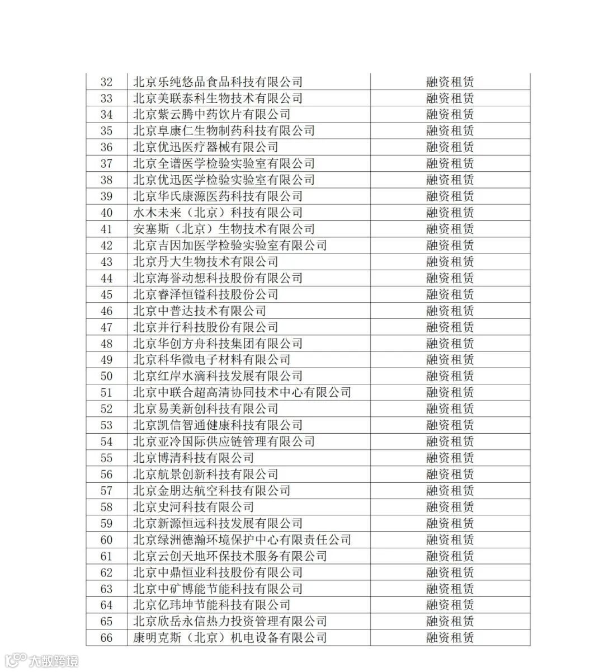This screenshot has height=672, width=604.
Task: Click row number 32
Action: (106, 82)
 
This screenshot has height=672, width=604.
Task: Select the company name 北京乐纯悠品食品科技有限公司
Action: (218, 82)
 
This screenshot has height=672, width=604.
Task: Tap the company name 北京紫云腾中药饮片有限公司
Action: (212, 115)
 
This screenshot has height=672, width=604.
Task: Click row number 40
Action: (106, 213)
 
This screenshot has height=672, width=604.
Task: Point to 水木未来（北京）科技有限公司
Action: (218, 213)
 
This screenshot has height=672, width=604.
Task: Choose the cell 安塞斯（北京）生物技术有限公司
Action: (224, 229)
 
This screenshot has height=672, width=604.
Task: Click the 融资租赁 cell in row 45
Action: (450, 295)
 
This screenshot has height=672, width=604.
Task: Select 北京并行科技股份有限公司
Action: (206, 327)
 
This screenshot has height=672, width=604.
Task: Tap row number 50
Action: (106, 377)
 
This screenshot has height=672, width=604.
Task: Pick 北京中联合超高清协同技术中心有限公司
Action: (242, 393)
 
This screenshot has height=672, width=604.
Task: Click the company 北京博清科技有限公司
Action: (194, 458)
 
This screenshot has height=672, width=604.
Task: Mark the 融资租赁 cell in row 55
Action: (450, 458)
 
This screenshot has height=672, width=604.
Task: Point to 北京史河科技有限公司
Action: (194, 507)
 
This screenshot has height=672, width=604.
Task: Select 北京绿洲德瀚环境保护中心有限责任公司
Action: (242, 540)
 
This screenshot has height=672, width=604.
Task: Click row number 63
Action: (106, 589)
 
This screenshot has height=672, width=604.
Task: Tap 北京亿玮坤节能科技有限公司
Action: (212, 605)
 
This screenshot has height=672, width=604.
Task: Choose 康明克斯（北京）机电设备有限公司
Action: (230, 638)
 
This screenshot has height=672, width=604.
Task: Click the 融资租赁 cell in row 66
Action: (450, 638)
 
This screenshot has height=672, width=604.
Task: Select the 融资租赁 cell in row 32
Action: (450, 82)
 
